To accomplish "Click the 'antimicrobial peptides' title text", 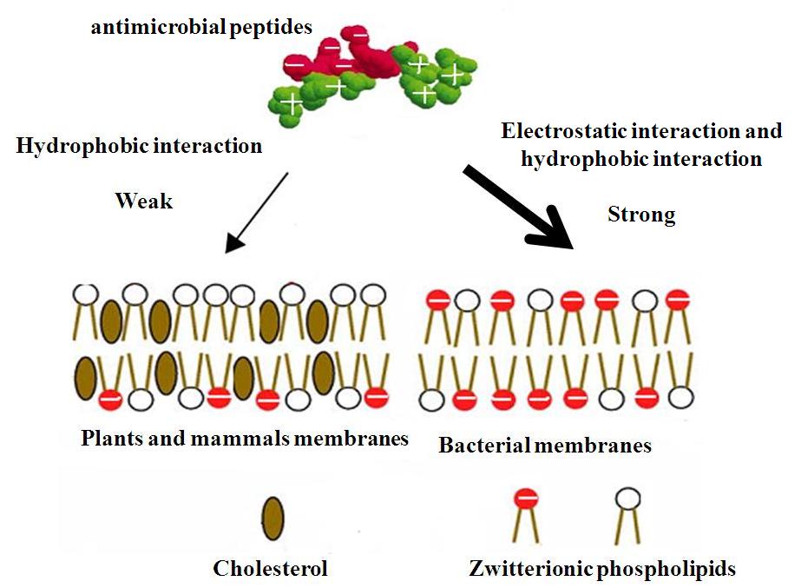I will (200, 28).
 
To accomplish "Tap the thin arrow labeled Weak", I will (257, 212).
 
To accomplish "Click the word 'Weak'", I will (144, 202).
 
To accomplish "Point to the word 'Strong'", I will (641, 215).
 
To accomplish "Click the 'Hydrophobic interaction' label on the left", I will (139, 145).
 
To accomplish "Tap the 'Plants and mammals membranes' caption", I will (245, 438).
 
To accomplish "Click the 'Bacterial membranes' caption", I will (545, 446).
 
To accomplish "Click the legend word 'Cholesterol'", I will (271, 569).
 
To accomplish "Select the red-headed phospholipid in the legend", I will (524, 500).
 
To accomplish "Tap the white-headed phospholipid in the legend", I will (627, 499).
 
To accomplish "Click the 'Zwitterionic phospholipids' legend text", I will (602, 569).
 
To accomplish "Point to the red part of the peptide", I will (347, 56).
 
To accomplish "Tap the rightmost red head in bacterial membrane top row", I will (675, 300).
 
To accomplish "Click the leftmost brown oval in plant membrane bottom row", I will (85, 376).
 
